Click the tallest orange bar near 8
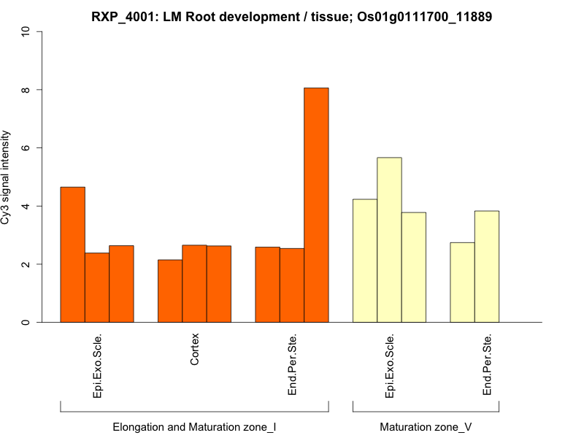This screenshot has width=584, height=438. tap(316, 204)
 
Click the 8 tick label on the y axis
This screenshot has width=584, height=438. tap(26, 90)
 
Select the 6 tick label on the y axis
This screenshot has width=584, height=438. tap(26, 148)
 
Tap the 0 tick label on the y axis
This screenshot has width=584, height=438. tap(26, 322)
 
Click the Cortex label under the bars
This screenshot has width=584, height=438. tap(195, 350)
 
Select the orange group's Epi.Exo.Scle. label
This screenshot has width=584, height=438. tap(97, 366)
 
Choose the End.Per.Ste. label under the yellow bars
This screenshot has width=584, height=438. tap(487, 365)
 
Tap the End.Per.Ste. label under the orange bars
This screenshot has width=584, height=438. tap(292, 365)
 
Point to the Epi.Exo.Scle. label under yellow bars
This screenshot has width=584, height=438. tap(389, 366)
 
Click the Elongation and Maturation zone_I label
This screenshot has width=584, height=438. tap(194, 426)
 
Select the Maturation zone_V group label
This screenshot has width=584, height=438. tap(426, 426)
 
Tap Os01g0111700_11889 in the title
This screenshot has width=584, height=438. tap(424, 16)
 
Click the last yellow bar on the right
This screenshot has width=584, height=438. tap(487, 266)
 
